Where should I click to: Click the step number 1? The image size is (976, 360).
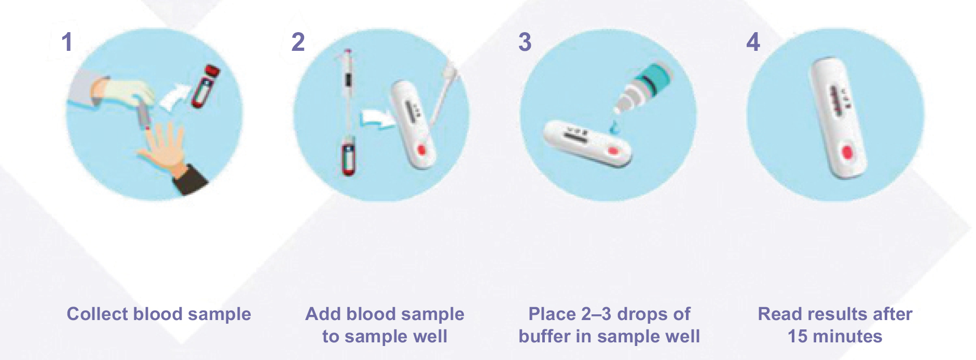click(x=67, y=42)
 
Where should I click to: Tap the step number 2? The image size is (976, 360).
click(x=298, y=42)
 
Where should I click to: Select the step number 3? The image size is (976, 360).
click(x=525, y=42)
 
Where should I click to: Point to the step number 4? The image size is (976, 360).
click(x=753, y=42)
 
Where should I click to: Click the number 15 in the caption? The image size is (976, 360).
click(x=798, y=336)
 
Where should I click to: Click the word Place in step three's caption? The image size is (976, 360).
click(x=552, y=314)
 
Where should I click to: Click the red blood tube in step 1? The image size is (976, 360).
click(x=204, y=86)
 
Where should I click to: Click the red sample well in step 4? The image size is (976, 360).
click(x=847, y=153)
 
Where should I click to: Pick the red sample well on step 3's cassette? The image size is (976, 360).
click(x=613, y=151)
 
